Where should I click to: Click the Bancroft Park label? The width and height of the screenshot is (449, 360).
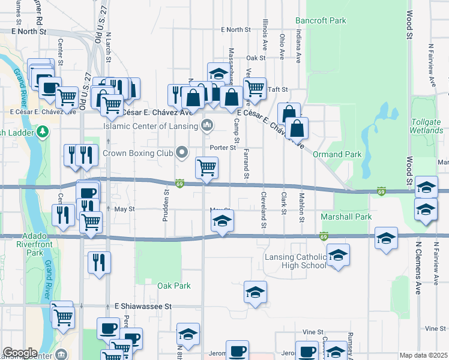pyautogui.click(x=321, y=20)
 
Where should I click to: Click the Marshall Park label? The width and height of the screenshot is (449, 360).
pyautogui.click(x=346, y=217)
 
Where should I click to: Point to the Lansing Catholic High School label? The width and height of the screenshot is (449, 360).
pyautogui.click(x=295, y=262)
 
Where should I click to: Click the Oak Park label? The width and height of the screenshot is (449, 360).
pyautogui.click(x=174, y=286)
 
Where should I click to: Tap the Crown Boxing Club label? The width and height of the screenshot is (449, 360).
pyautogui.click(x=137, y=153)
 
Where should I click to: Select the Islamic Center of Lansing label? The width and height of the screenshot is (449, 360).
pyautogui.click(x=150, y=126)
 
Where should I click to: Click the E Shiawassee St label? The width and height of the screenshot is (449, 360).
pyautogui.click(x=143, y=306)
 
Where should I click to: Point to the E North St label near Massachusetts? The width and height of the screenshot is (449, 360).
pyautogui.click(x=235, y=29)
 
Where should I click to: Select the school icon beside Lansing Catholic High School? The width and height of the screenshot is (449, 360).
pyautogui.click(x=339, y=255)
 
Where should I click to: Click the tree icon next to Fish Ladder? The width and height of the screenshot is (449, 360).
pyautogui.click(x=43, y=131)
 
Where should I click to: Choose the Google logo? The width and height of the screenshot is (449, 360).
pyautogui.click(x=20, y=353)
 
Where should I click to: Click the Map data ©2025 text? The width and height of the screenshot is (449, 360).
pyautogui.click(x=423, y=356)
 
